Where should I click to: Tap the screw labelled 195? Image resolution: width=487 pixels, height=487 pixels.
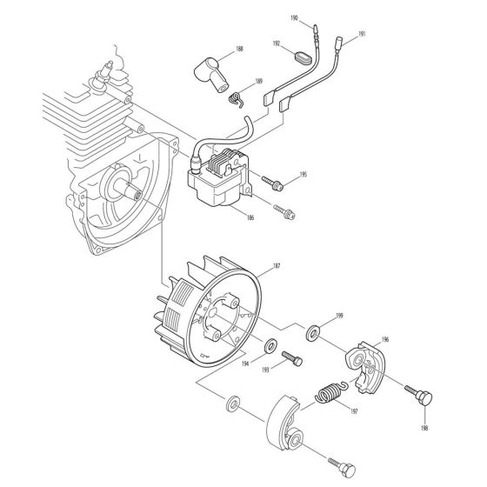tap(275, 183)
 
